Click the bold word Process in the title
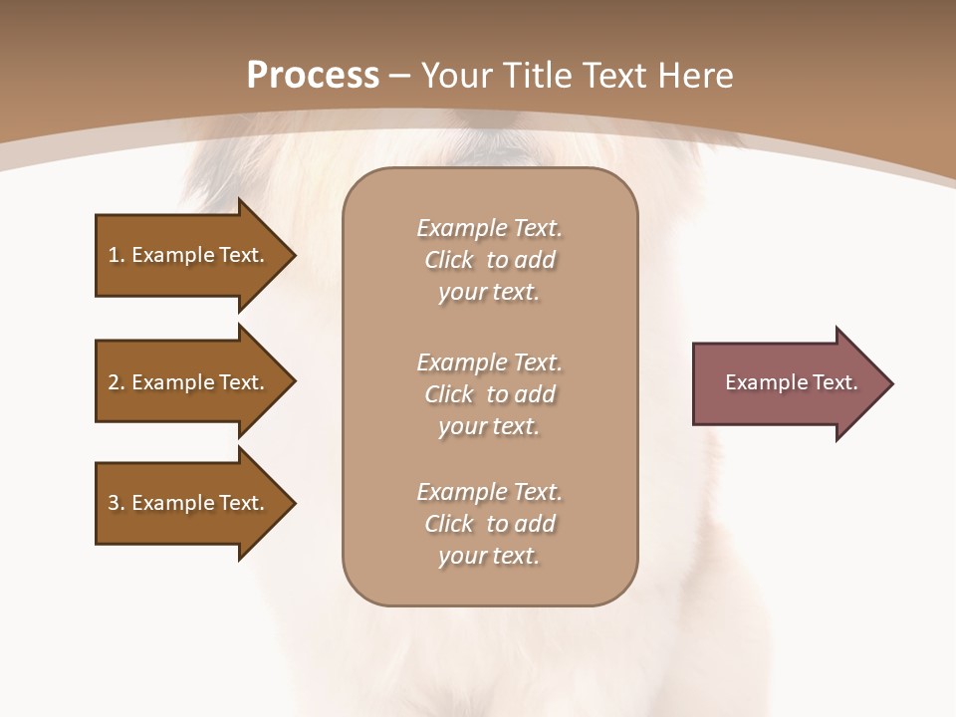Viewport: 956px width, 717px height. pyautogui.click(x=313, y=76)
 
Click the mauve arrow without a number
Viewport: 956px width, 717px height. pyautogui.click(x=787, y=383)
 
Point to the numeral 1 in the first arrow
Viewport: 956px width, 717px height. pyautogui.click(x=113, y=255)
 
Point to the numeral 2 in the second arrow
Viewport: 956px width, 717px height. pyautogui.click(x=114, y=382)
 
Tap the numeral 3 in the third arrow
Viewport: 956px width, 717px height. pyautogui.click(x=114, y=503)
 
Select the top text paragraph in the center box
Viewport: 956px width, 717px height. pyautogui.click(x=489, y=260)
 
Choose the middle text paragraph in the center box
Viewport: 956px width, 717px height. pyautogui.click(x=489, y=394)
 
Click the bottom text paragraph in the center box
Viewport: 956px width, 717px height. pyautogui.click(x=489, y=524)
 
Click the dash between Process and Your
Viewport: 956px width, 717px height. pyautogui.click(x=400, y=77)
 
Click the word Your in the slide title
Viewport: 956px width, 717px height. pyautogui.click(x=457, y=76)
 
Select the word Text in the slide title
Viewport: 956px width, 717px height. pyautogui.click(x=617, y=76)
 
